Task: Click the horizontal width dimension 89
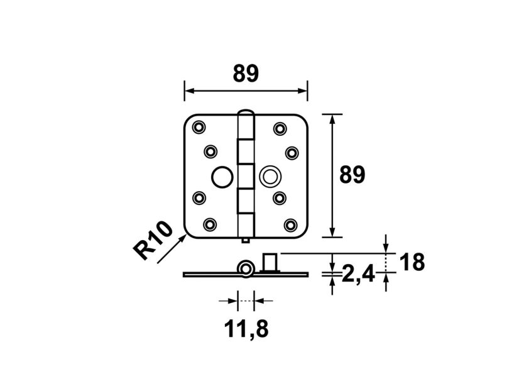click(x=246, y=74)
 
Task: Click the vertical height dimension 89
click(x=352, y=175)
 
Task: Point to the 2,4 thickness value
click(x=358, y=273)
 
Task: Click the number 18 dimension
click(x=412, y=262)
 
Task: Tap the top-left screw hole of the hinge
click(x=199, y=127)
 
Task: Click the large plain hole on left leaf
click(x=221, y=177)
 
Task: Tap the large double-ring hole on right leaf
click(x=271, y=175)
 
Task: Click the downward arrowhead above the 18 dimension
click(x=386, y=246)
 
